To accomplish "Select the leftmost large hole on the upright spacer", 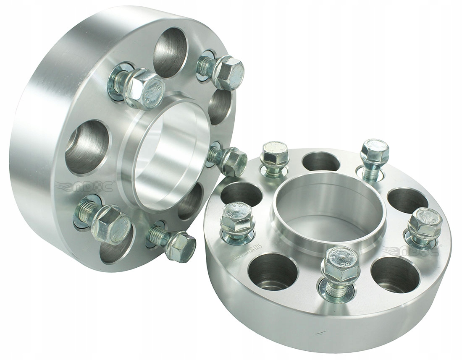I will [x=87, y=147].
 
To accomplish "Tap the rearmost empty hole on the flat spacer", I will [x=321, y=162].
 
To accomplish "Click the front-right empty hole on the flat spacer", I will [x=395, y=275].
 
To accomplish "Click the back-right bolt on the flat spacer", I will [x=374, y=155].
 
